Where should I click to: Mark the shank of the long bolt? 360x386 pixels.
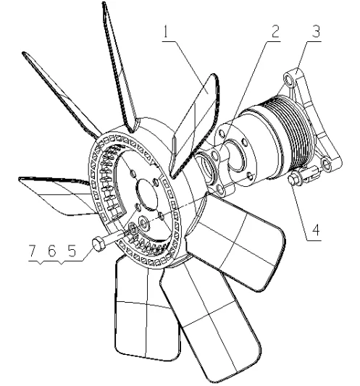coord(116,240)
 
